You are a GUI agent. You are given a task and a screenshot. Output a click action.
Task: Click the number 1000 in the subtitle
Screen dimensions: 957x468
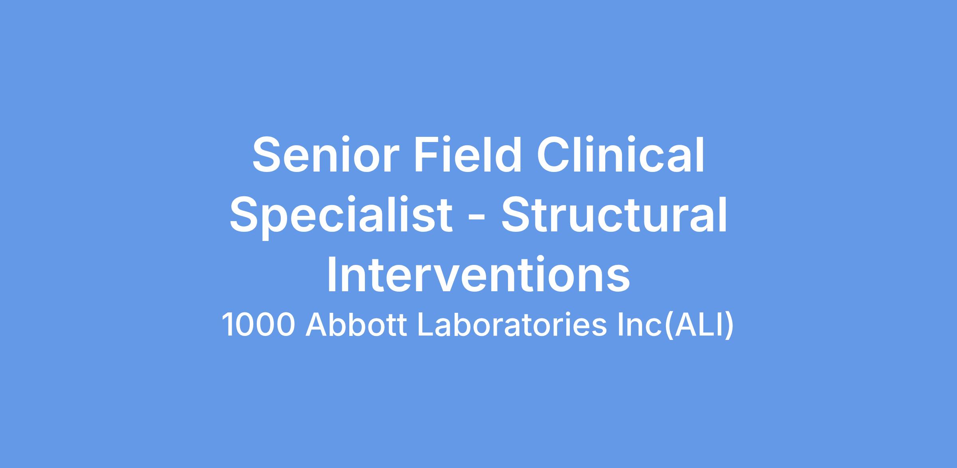[x=258, y=324]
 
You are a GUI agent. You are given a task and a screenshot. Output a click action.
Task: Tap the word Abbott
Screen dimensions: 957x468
[x=356, y=324]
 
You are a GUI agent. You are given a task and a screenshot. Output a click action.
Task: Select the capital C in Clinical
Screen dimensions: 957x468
[x=555, y=155]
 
